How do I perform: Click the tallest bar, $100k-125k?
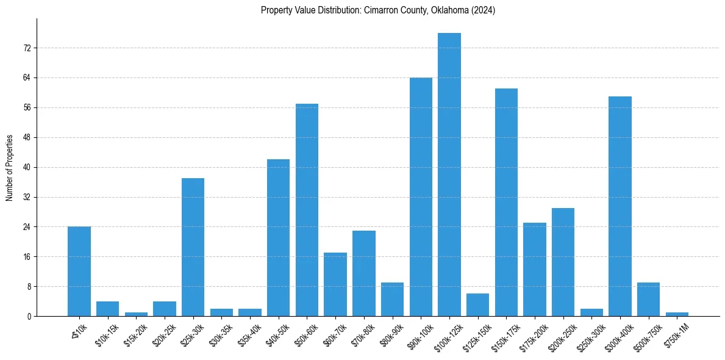click(x=449, y=175)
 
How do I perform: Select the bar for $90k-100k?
click(x=421, y=196)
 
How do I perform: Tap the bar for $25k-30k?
click(x=193, y=247)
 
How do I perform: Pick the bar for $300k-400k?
click(x=620, y=206)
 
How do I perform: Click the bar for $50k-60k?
click(x=307, y=210)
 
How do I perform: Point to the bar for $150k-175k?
click(x=506, y=202)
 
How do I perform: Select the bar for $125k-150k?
click(x=478, y=305)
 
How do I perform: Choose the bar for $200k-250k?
click(x=563, y=262)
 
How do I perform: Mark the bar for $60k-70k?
click(x=335, y=284)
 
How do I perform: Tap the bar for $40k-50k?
click(x=278, y=237)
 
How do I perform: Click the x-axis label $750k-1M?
click(x=676, y=333)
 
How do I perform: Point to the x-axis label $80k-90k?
click(x=391, y=333)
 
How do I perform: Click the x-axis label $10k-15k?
click(x=107, y=333)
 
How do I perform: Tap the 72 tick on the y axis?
click(x=27, y=48)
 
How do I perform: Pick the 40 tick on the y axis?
click(x=27, y=167)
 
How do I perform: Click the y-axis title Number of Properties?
click(x=10, y=167)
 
